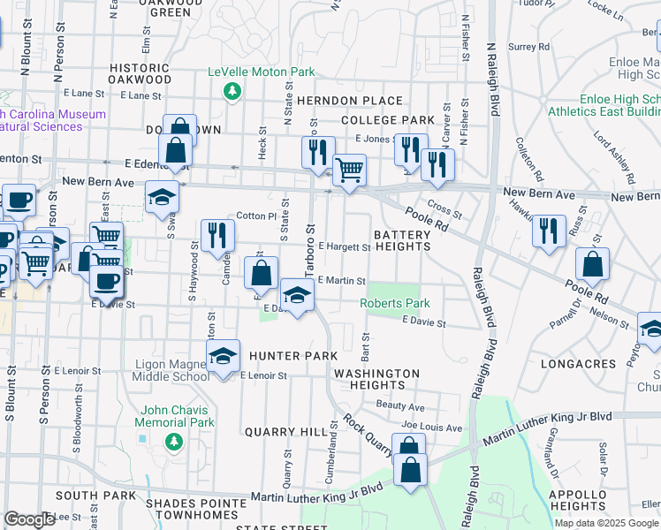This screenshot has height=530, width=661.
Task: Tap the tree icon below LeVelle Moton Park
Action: (x=232, y=91)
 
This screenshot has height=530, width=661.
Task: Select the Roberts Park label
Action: (x=394, y=303)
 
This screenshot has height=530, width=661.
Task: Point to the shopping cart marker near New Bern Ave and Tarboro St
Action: (x=350, y=170)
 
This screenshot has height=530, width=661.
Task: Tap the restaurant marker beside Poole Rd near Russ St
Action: (x=549, y=232)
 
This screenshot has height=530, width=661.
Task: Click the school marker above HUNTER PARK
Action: (x=223, y=356)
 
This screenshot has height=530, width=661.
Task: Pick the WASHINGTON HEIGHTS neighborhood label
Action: (x=376, y=379)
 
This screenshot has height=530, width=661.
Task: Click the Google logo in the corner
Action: (x=29, y=519)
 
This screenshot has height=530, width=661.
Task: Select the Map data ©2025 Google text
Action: (x=606, y=523)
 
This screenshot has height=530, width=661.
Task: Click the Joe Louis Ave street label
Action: (x=431, y=428)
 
